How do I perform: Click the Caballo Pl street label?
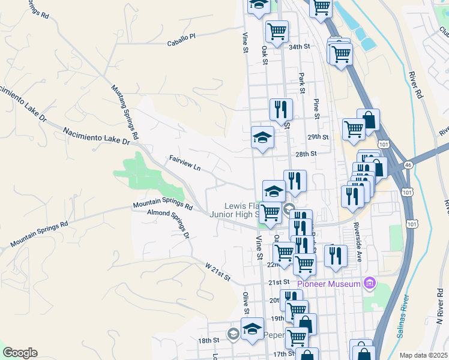tap(181, 37)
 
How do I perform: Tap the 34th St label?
tap(298, 46)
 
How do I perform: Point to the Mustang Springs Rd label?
tap(125, 112)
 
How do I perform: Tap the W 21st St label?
tap(218, 272)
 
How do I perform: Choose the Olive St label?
tap(246, 302)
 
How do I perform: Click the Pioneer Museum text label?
tap(331, 283)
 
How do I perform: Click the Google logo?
tap(20, 353)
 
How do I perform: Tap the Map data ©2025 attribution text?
tap(424, 355)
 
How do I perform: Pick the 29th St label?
tap(319, 137)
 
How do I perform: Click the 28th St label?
tap(305, 154)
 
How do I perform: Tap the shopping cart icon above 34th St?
tap(277, 31)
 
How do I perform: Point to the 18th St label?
tap(210, 340)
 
